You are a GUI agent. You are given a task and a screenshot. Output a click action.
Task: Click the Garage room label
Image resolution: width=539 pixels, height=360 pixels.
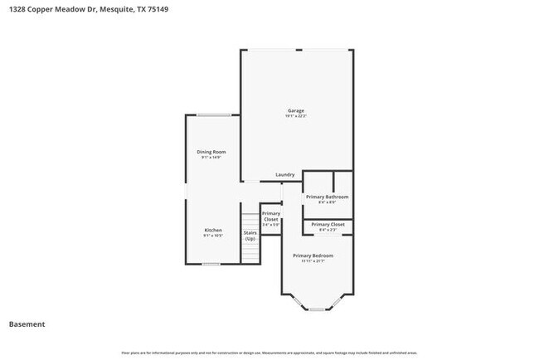296,110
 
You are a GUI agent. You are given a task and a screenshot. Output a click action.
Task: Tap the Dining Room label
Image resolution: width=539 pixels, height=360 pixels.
211,152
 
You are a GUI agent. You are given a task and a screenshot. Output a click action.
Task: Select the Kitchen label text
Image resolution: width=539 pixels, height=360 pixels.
213,230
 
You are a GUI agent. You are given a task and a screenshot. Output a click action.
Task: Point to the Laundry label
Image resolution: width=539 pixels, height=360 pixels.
285,175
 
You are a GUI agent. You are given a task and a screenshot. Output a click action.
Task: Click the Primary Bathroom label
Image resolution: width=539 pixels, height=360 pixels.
327,197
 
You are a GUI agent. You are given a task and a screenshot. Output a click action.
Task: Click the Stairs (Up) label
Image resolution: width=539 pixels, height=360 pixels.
250,236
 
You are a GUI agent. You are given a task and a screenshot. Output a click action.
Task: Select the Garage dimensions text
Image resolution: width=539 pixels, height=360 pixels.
296,116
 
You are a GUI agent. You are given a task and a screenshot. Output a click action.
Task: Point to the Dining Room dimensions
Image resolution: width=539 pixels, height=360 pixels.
211,158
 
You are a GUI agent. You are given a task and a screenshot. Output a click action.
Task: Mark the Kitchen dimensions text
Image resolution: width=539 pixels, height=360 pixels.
213,236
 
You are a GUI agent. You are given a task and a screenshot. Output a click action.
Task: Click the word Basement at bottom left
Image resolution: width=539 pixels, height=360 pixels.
27,324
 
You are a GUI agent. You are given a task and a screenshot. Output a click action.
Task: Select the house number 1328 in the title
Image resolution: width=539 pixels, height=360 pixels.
17,10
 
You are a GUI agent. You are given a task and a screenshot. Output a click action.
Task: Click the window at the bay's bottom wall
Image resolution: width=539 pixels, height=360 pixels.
317,309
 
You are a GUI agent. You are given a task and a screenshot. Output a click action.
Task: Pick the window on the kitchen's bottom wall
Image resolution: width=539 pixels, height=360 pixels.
211,264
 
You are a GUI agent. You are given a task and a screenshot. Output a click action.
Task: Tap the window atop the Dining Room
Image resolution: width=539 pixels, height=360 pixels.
214,114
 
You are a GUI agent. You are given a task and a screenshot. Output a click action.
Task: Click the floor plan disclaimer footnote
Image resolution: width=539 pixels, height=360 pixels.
269,352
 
